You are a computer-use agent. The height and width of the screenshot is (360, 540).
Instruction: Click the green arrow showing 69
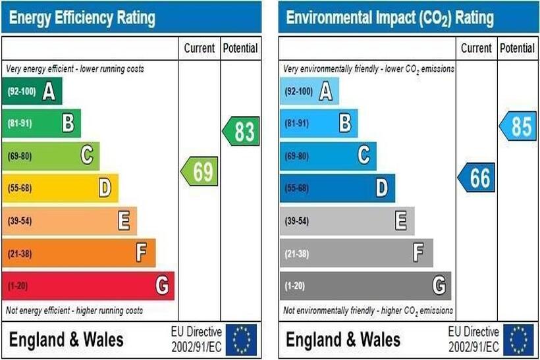[200, 172]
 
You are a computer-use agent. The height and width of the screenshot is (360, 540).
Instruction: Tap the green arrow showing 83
[242, 132]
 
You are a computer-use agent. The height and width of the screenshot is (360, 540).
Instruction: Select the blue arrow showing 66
[477, 178]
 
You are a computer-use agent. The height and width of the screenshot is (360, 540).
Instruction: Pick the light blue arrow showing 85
[518, 126]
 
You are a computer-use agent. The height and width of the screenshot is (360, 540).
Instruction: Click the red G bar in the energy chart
[88, 286]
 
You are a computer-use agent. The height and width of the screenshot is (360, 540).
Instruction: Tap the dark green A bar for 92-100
[32, 91]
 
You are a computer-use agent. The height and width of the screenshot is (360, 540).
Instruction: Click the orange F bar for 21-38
[79, 253]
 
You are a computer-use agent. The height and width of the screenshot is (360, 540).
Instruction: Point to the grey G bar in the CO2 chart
[365, 286]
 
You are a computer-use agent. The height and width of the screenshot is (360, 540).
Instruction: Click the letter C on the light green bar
[86, 156]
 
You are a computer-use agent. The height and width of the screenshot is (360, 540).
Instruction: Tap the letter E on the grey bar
[400, 221]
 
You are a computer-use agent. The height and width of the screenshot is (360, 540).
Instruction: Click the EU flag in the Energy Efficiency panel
[242, 340]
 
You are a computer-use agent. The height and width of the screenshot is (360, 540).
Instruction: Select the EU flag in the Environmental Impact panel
[520, 340]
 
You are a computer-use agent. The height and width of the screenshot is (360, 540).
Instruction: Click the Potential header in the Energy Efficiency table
[240, 48]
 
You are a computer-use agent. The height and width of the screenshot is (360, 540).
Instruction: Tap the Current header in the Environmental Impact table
[476, 48]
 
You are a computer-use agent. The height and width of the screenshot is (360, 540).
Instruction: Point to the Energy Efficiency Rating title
[83, 18]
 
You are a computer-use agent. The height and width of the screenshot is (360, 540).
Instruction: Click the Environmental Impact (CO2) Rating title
[390, 18]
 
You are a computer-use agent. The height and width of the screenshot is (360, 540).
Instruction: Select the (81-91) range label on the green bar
[20, 124]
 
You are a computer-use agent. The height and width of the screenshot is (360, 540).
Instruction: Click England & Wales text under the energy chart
[66, 340]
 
